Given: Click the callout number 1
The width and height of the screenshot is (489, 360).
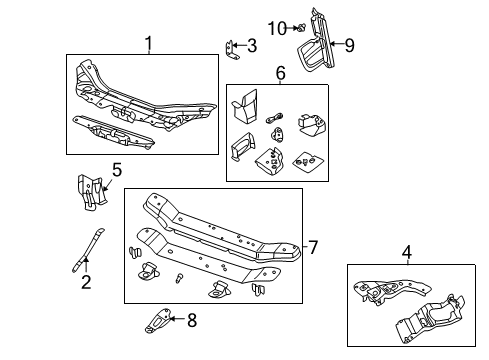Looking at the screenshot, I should point(148,43).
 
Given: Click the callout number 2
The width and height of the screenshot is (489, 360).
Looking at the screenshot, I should point(86,283).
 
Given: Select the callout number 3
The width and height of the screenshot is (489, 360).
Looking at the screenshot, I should point(251,45).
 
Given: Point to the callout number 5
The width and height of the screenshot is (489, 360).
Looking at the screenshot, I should point(117,170).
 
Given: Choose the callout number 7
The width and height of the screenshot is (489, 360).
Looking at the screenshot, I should point(312,246).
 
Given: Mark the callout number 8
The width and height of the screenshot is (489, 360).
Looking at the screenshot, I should point(192,320).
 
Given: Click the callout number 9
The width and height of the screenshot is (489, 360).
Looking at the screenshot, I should point(350,44).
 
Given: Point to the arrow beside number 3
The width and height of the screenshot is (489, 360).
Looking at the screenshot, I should point(240,45).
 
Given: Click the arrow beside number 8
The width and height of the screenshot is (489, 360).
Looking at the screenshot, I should point(176,320).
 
